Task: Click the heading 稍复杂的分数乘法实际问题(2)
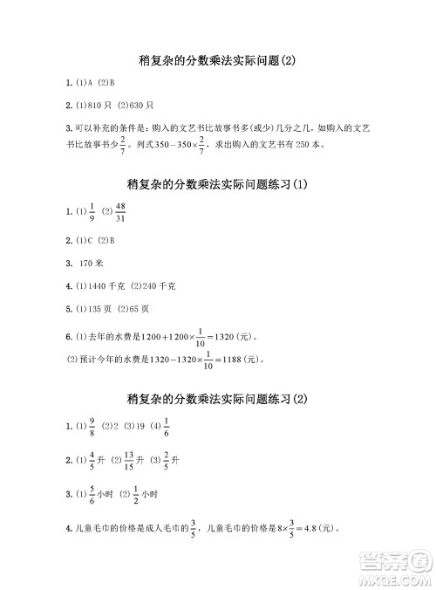point(218,60)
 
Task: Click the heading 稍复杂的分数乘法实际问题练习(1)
point(218,185)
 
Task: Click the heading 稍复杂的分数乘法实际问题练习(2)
point(218,399)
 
